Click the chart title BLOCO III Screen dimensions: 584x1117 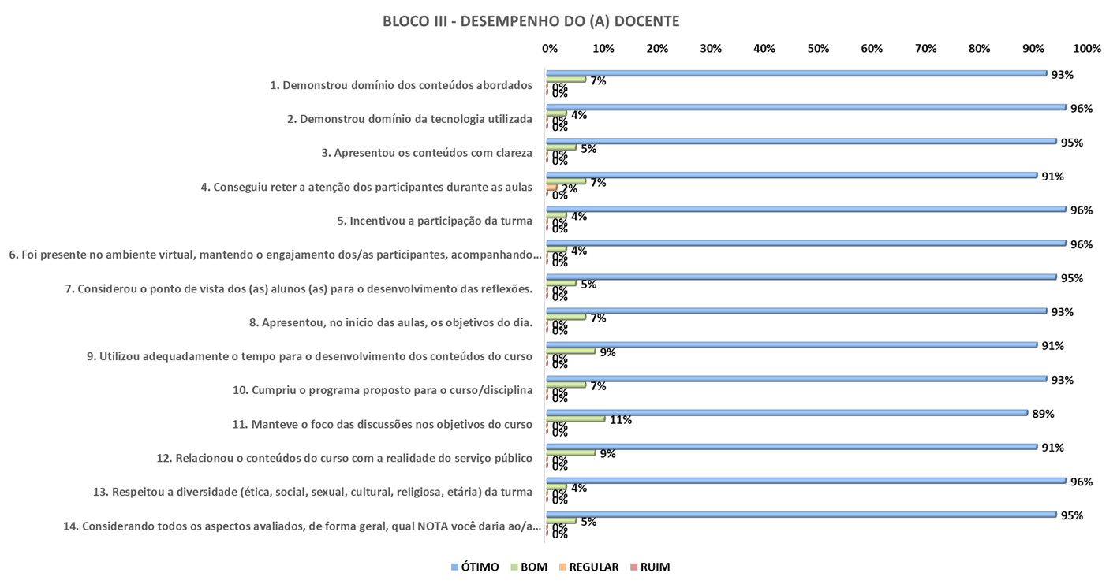530,22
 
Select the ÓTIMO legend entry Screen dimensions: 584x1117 474,567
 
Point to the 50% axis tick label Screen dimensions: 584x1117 818,49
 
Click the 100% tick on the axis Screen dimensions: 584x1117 1087,49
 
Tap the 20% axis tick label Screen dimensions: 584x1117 657,49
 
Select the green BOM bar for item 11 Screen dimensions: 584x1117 576,419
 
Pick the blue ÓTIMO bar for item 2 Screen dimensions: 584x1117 805,107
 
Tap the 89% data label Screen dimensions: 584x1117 1043,414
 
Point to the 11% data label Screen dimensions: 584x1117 621,420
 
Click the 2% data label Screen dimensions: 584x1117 569,188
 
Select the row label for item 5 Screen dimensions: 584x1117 435,221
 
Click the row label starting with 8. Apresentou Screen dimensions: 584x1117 390,322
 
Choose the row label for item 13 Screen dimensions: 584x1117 312,493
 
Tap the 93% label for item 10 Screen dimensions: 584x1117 1062,380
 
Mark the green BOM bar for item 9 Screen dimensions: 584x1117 571,352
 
